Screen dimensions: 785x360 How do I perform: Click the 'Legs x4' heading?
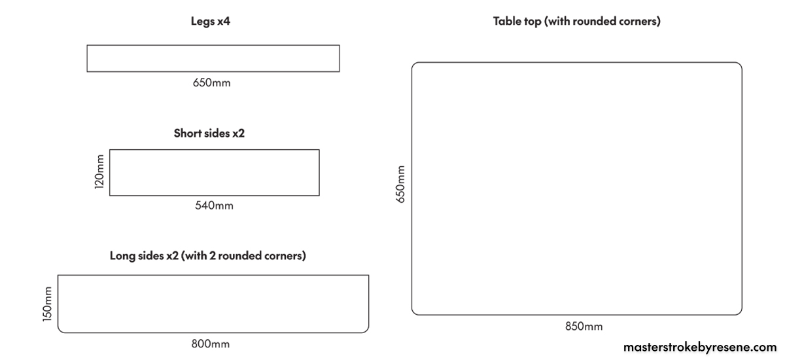[x=210, y=22]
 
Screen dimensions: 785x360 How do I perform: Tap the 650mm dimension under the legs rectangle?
[x=212, y=82]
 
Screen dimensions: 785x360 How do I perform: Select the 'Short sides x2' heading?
[x=209, y=134]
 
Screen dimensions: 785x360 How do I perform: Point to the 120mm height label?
[x=99, y=171]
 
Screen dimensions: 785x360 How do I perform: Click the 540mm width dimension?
[x=214, y=206]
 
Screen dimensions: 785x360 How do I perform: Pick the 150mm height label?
[x=47, y=304]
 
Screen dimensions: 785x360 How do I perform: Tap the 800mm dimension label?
[x=210, y=344]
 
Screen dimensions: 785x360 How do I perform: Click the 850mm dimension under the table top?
[x=584, y=327]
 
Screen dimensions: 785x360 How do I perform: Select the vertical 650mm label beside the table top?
[x=400, y=185]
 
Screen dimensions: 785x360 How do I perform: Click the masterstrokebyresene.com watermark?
[x=700, y=347]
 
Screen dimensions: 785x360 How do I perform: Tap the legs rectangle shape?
[x=213, y=45]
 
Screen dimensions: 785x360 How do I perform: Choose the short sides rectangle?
[x=215, y=150]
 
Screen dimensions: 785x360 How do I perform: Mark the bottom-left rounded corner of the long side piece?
[x=60, y=330]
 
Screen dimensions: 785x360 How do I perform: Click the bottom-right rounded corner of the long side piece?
[x=366, y=330]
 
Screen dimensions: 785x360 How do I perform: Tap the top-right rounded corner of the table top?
[x=739, y=65]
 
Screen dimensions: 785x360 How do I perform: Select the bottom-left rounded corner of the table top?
[x=414, y=312]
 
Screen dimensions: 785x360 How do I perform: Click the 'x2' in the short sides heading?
[x=238, y=134]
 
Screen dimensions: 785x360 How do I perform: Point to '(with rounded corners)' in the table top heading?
[x=602, y=22]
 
